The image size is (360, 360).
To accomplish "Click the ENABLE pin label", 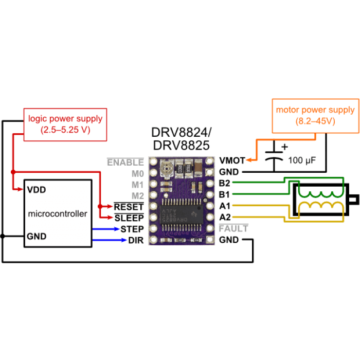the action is pyautogui.click(x=125, y=163).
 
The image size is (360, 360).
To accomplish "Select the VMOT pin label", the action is pyautogui.click(x=232, y=160).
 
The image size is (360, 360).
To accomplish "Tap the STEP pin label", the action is pyautogui.click(x=132, y=229).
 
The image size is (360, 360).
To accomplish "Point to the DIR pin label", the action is pyautogui.click(x=136, y=240).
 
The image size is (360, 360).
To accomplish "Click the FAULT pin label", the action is pyautogui.click(x=233, y=228).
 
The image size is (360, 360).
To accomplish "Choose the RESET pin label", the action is pyautogui.click(x=129, y=207).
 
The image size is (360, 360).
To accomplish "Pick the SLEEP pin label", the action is pyautogui.click(x=129, y=218).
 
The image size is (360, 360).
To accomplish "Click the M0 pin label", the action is pyautogui.click(x=138, y=174).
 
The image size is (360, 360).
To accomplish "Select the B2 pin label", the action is pyautogui.click(x=225, y=183).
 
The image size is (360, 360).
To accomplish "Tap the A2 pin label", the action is pyautogui.click(x=225, y=217).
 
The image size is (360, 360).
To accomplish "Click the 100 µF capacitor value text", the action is pyautogui.click(x=302, y=160).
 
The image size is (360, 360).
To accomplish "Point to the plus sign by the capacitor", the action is pyautogui.click(x=285, y=147).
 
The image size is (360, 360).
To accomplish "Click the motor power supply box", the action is pyautogui.click(x=315, y=116).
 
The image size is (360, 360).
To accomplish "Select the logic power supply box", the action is pyautogui.click(x=65, y=124).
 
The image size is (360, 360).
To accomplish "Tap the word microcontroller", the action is pyautogui.click(x=58, y=214).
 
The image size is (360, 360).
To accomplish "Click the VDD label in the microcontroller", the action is pyautogui.click(x=37, y=190).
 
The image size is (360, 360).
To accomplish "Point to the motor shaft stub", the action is pyautogui.click(x=354, y=200).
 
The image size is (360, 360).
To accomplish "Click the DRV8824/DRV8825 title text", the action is pyautogui.click(x=182, y=139).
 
